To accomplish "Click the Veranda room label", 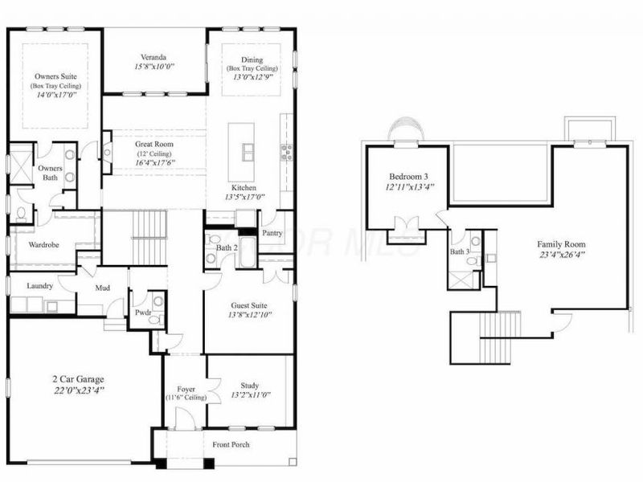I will coord(154,57).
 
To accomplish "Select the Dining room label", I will coord(252,59).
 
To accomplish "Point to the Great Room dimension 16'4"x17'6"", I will coord(154,161).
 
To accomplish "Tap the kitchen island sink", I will coord(247,151).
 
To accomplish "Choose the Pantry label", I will coord(272,233).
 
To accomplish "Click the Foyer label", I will coord(185,389).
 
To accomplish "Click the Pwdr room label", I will coord(143,313).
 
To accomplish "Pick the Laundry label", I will coord(40,285).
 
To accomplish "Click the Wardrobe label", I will coord(46,243).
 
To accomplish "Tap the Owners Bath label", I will coord(51,174).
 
